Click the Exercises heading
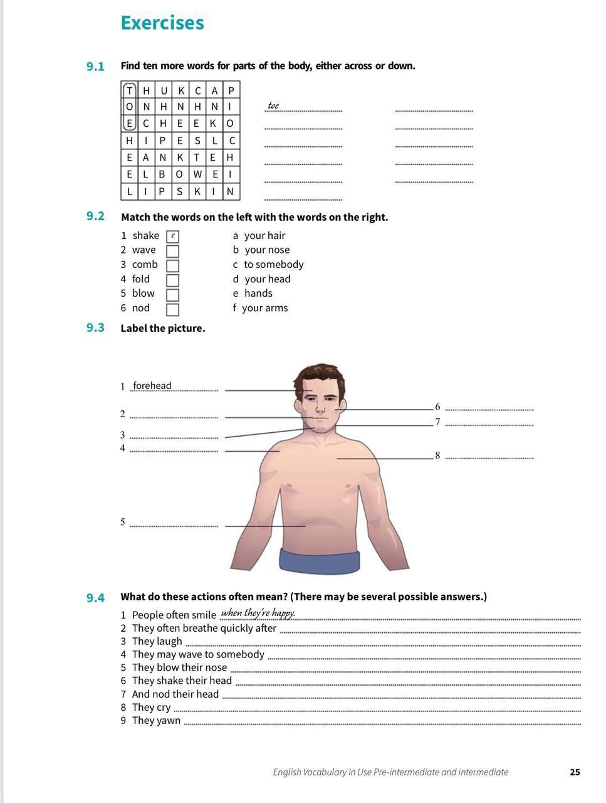[x=162, y=23]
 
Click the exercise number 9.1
[x=95, y=66]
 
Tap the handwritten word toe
[x=273, y=105]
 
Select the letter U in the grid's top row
[x=164, y=90]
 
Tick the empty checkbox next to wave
[x=172, y=251]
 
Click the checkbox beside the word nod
[x=172, y=309]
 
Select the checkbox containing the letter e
[x=172, y=237]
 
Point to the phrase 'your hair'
[x=264, y=236]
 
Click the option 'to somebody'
[x=273, y=265]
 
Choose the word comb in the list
[x=145, y=265]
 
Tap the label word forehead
[x=152, y=386]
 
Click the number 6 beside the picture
[x=437, y=407]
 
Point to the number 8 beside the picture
[x=437, y=455]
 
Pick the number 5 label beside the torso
[x=123, y=522]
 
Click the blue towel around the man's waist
[x=320, y=561]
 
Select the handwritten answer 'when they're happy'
[x=258, y=613]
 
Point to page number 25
[x=575, y=772]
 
